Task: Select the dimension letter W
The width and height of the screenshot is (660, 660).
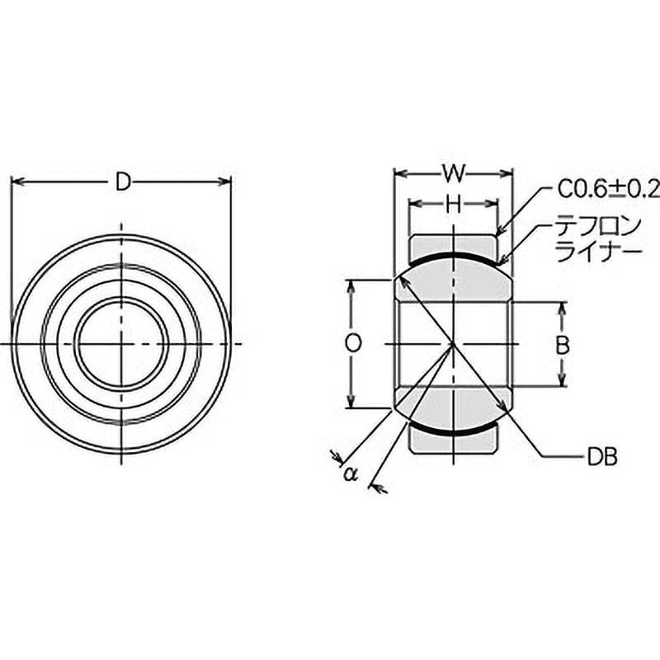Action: click(x=453, y=173)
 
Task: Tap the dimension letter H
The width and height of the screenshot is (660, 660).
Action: click(x=453, y=205)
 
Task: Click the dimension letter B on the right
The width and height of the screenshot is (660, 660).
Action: click(x=561, y=345)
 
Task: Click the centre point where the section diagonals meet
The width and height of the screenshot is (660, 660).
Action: click(x=453, y=343)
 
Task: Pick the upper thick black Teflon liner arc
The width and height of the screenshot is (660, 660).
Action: click(x=453, y=257)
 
